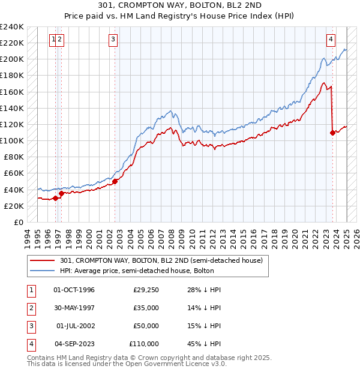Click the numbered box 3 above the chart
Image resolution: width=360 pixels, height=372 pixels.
113,40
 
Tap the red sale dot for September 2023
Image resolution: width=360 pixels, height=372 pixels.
332,133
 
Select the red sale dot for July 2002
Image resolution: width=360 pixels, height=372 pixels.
115,181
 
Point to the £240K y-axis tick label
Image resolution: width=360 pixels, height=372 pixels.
12,27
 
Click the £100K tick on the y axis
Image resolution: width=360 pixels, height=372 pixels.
12,140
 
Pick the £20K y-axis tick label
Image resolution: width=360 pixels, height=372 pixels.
14,206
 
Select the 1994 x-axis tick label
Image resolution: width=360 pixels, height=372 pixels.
28,236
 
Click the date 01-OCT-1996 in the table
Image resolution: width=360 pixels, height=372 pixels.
74,290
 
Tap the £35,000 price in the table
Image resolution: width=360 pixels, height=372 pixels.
146,308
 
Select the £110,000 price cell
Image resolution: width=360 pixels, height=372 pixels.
144,344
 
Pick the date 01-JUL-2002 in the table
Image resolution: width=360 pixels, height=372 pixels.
75,326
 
